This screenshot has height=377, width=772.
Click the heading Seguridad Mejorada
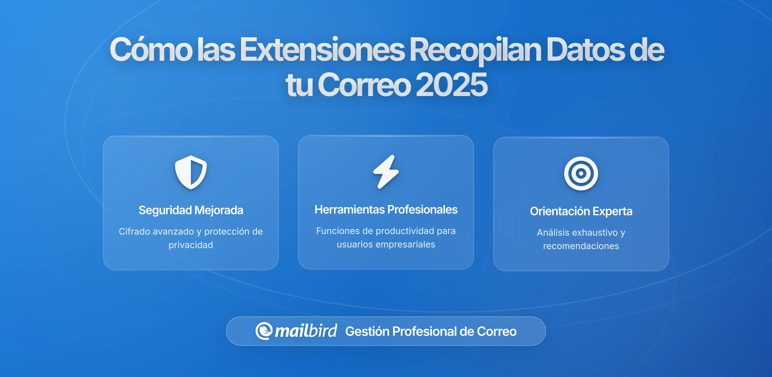click(191, 210)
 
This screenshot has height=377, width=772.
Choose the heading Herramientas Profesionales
click(386, 209)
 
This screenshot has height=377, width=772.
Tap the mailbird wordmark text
click(306, 331)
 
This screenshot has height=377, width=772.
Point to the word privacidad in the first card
click(191, 245)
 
